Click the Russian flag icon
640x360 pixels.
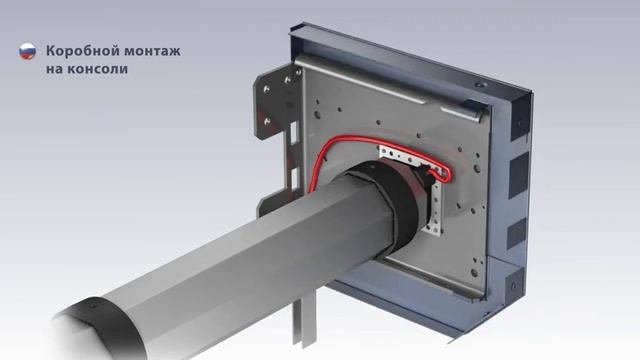tap(27, 51)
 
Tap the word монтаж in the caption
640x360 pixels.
tap(152, 52)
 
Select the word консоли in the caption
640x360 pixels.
tap(97, 69)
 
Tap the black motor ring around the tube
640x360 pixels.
tap(392, 204)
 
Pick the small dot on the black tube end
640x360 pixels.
tap(92, 304)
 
